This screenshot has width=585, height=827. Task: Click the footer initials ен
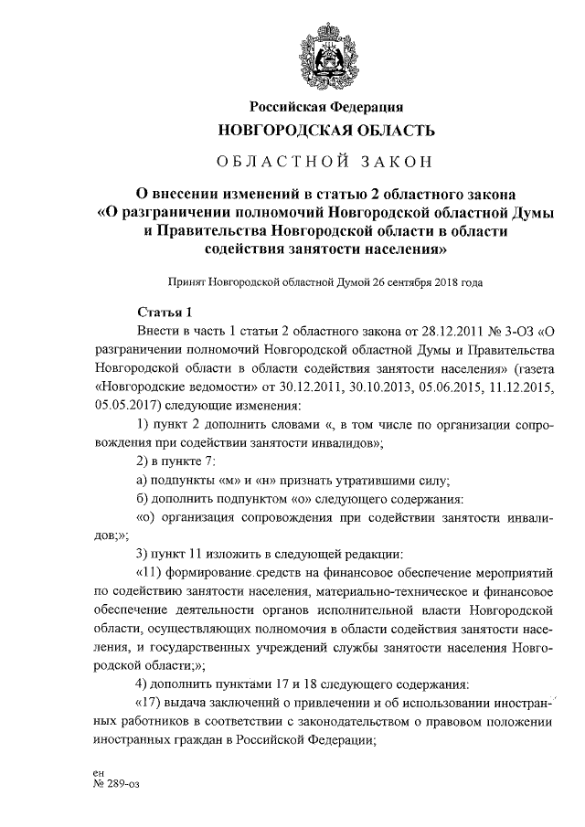pos(87,772)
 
